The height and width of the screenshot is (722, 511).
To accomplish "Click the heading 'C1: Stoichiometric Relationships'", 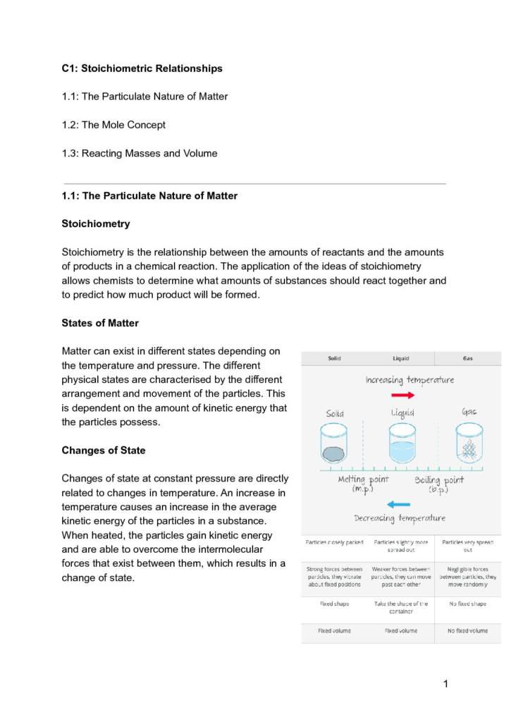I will tap(142, 68).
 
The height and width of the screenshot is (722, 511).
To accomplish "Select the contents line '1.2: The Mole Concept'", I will tap(113, 125).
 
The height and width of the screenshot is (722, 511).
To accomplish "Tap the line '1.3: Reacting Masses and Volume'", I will tap(140, 153).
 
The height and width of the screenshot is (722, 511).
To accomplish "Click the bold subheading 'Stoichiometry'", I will tap(96, 224).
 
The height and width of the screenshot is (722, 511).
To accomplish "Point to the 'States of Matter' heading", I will tap(100, 323).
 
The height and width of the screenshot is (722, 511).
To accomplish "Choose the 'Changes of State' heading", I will tap(103, 450).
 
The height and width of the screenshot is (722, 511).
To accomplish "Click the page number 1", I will tap(445, 683).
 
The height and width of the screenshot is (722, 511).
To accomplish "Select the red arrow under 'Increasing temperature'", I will tap(402, 396).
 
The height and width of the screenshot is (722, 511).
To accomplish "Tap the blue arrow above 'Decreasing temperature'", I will tap(399, 504).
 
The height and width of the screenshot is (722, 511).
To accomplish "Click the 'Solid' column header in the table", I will tap(334, 358).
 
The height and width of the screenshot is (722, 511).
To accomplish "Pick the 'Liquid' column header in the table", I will tap(400, 358).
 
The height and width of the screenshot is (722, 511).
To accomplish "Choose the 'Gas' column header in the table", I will tap(468, 358).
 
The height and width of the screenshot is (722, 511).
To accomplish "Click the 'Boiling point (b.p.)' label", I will tap(439, 484).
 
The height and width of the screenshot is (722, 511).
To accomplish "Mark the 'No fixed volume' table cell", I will tap(467, 630).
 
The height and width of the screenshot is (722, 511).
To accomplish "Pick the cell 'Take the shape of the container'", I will tap(400, 608).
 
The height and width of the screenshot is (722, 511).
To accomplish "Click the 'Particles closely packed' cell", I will tap(334, 542).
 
